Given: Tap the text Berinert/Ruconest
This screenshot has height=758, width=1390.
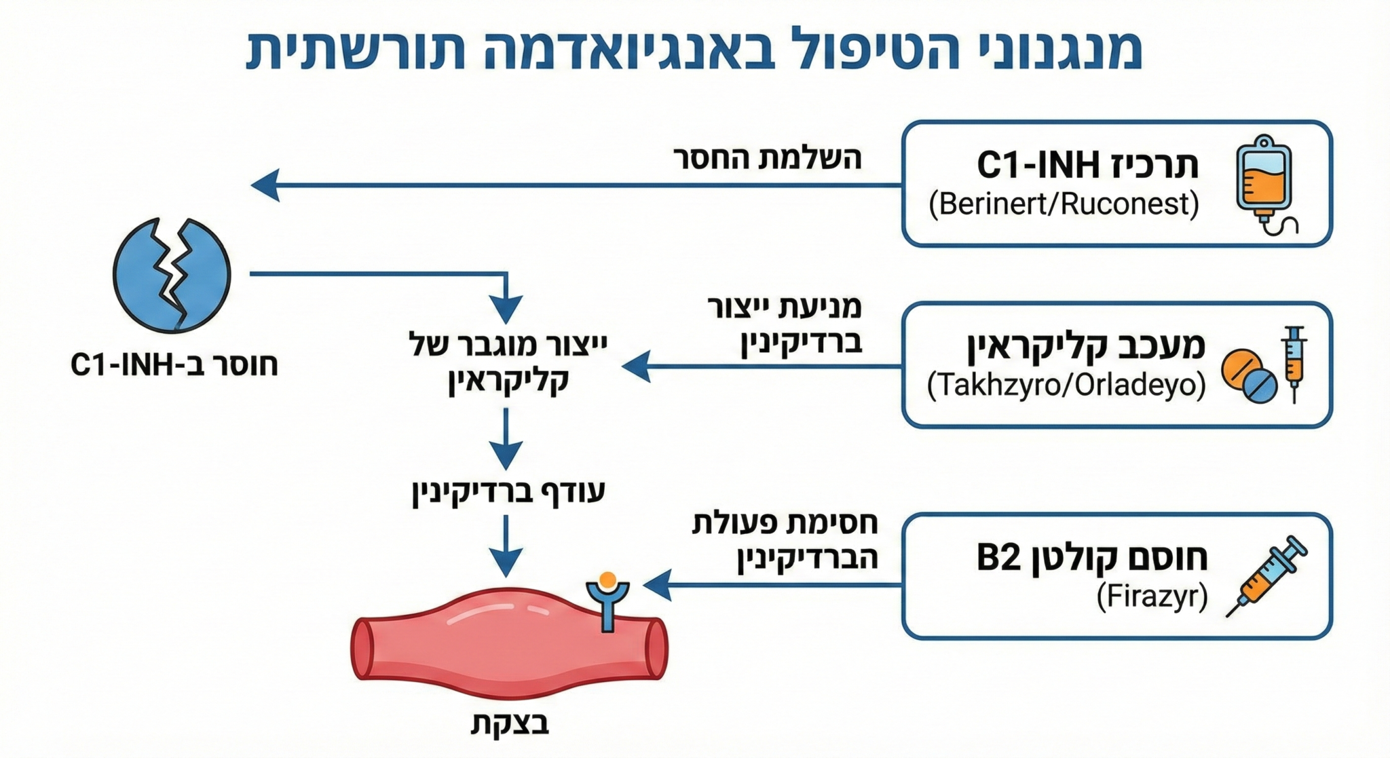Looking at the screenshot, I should [x=1064, y=204].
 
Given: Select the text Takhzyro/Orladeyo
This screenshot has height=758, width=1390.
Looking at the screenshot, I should [x=1066, y=385].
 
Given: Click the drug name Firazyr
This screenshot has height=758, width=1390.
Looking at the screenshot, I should [x=1152, y=597].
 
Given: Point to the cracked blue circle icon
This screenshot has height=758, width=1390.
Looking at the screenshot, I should [x=172, y=275].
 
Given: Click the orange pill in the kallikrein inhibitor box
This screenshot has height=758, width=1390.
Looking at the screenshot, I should [x=1241, y=369].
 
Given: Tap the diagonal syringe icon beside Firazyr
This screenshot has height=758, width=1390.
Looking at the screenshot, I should [x=1266, y=576].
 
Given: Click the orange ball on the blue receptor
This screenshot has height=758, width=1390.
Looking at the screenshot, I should [x=608, y=580].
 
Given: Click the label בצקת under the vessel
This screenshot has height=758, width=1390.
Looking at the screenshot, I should [x=510, y=723].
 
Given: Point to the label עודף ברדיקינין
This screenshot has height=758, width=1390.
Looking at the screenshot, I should [x=508, y=492].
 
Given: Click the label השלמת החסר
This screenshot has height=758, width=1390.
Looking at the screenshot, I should [x=768, y=158].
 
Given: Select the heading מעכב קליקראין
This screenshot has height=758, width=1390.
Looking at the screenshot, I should [x=1086, y=345].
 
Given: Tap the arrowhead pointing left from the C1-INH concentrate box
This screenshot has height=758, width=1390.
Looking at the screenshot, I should [x=265, y=185].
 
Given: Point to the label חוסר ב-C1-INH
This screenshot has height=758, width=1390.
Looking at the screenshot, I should [x=174, y=365].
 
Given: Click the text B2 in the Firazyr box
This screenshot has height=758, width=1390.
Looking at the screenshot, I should [x=998, y=558].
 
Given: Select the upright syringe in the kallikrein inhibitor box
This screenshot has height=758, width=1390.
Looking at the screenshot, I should [x=1294, y=364].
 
